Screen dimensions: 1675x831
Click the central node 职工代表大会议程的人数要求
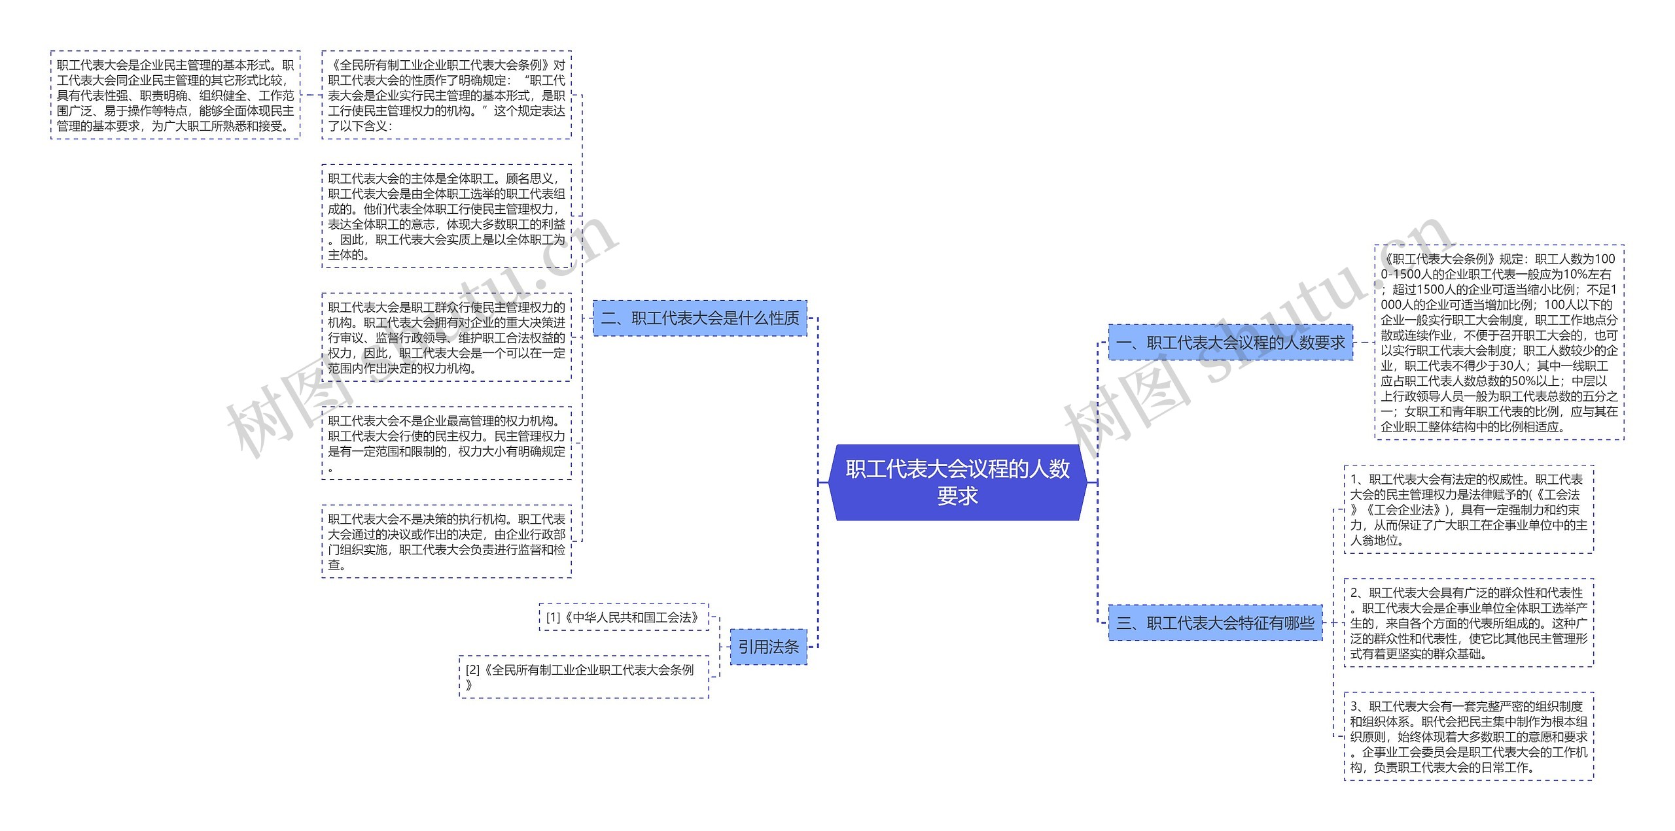tap(957, 482)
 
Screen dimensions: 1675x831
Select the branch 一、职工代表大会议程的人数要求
tap(1230, 342)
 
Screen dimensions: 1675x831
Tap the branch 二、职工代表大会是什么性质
tap(699, 318)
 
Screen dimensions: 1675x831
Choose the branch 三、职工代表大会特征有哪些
tap(1215, 622)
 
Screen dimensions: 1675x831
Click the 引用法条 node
tap(768, 647)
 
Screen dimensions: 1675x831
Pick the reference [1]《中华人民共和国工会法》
tap(624, 617)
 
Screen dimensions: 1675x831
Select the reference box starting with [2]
tap(584, 677)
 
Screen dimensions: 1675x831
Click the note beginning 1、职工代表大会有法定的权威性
tap(1468, 509)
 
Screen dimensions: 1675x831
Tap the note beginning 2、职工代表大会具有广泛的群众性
tap(1468, 622)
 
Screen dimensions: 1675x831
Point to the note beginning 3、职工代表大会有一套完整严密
tap(1468, 736)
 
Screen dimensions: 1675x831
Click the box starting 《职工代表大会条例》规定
tap(1499, 343)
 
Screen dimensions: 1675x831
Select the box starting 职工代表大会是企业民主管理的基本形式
tap(175, 95)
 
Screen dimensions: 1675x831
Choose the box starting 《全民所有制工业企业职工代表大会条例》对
tap(446, 95)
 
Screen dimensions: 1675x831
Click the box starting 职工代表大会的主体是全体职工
tap(446, 216)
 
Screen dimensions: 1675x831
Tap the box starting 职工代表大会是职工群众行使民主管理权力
tap(446, 337)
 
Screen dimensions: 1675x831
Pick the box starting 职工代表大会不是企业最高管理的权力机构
tap(446, 443)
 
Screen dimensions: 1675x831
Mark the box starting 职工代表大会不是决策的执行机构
tap(446, 541)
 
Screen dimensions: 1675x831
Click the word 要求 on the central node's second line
tap(957, 496)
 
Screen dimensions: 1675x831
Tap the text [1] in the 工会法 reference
tap(554, 617)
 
